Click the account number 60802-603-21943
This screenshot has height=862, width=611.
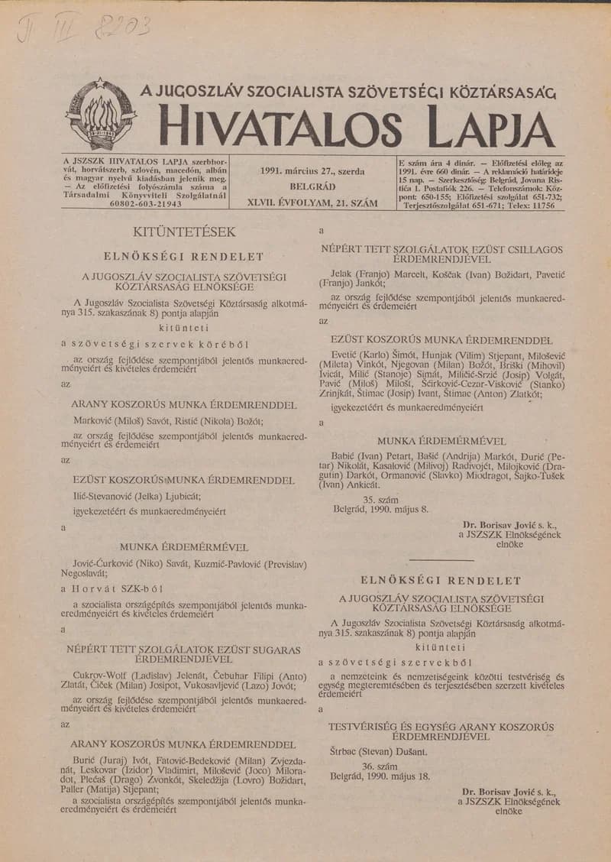pyautogui.click(x=146, y=205)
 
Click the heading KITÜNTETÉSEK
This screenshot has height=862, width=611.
pyautogui.click(x=185, y=232)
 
